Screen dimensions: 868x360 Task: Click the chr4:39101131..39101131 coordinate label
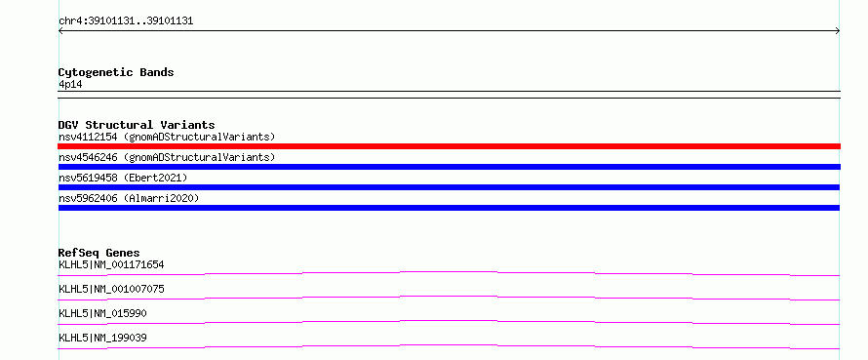click(126, 21)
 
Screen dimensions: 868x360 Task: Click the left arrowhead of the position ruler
click(59, 31)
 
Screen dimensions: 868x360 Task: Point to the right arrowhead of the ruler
click(838, 31)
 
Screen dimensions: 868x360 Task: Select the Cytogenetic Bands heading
click(116, 72)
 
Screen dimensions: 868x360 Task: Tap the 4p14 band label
click(71, 84)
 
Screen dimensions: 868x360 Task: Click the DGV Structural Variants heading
click(137, 125)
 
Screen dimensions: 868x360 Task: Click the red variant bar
click(449, 146)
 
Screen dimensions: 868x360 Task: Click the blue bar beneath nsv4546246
click(449, 167)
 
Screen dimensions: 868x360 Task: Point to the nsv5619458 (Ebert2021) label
click(123, 178)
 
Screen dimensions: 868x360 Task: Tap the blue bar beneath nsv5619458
click(449, 187)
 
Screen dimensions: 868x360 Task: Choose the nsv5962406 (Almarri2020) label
click(129, 198)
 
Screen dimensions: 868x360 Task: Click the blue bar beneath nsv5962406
click(449, 208)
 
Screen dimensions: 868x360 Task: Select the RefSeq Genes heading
click(99, 253)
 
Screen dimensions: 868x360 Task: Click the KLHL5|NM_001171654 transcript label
click(111, 264)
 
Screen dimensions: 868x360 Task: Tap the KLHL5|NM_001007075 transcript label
click(111, 289)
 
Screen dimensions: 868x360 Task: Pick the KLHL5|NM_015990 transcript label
click(103, 313)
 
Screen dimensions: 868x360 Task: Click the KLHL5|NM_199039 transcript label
click(103, 338)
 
